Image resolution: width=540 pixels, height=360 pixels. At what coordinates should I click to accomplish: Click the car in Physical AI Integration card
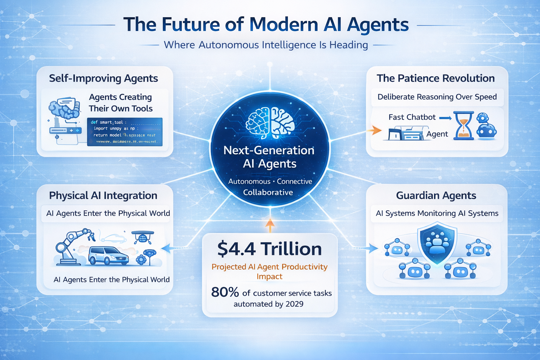coord(108,256)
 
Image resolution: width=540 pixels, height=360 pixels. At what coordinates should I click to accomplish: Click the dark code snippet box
coord(125,132)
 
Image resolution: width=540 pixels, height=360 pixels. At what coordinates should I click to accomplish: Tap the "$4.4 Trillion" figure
coord(270,249)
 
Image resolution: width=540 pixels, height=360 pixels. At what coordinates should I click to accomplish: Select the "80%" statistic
coord(225,292)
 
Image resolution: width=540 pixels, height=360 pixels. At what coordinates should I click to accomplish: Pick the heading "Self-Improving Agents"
coord(103,78)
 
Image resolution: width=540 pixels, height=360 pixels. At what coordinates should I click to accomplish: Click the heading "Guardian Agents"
coord(436,195)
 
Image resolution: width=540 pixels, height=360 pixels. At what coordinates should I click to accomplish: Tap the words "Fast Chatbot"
coord(412,117)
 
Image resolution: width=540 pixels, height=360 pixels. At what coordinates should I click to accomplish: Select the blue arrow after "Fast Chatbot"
coord(445,118)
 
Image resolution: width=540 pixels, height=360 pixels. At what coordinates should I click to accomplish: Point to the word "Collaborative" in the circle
coord(268,192)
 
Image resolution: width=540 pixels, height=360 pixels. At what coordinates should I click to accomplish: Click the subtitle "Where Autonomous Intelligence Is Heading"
coord(266,45)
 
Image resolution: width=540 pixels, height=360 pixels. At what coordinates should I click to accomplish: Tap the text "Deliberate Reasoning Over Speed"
coord(437,97)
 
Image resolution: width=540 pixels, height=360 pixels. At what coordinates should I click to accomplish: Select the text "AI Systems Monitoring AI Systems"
coord(437,213)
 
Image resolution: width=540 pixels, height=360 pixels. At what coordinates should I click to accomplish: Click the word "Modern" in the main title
coord(284,25)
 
